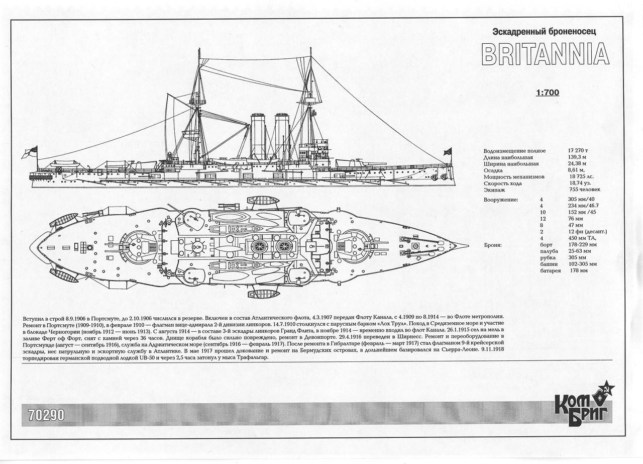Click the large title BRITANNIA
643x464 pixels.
545,54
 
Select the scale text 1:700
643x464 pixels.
547,92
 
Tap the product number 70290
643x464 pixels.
46,415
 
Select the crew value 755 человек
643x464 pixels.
584,190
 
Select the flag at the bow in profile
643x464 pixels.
447,151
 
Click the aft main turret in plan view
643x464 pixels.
137,247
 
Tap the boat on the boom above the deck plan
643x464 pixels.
263,201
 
